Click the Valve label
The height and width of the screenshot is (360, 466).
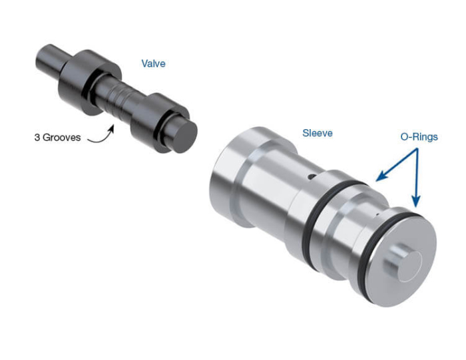coord(153,64)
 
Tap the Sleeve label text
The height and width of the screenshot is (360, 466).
coord(318,133)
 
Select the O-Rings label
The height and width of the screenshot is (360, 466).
coord(419,136)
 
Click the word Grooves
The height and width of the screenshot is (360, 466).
coord(65,138)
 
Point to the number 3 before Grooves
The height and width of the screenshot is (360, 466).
coord(37,138)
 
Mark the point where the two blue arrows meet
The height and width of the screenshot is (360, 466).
coord(418,150)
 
